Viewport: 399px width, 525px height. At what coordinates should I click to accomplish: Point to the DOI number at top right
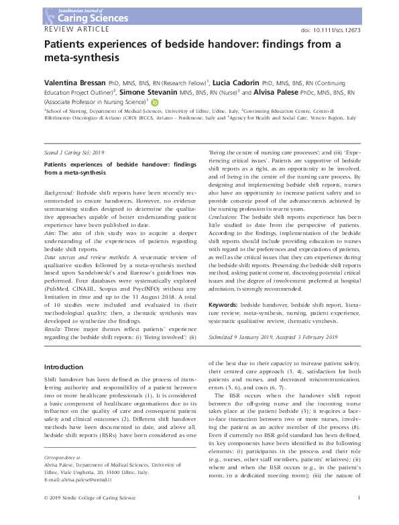click(x=333, y=31)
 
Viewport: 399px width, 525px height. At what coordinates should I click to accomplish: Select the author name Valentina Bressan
click(x=74, y=79)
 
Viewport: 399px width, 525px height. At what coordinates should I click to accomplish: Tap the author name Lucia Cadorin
click(x=239, y=79)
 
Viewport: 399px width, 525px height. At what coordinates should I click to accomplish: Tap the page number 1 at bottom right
click(x=361, y=516)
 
